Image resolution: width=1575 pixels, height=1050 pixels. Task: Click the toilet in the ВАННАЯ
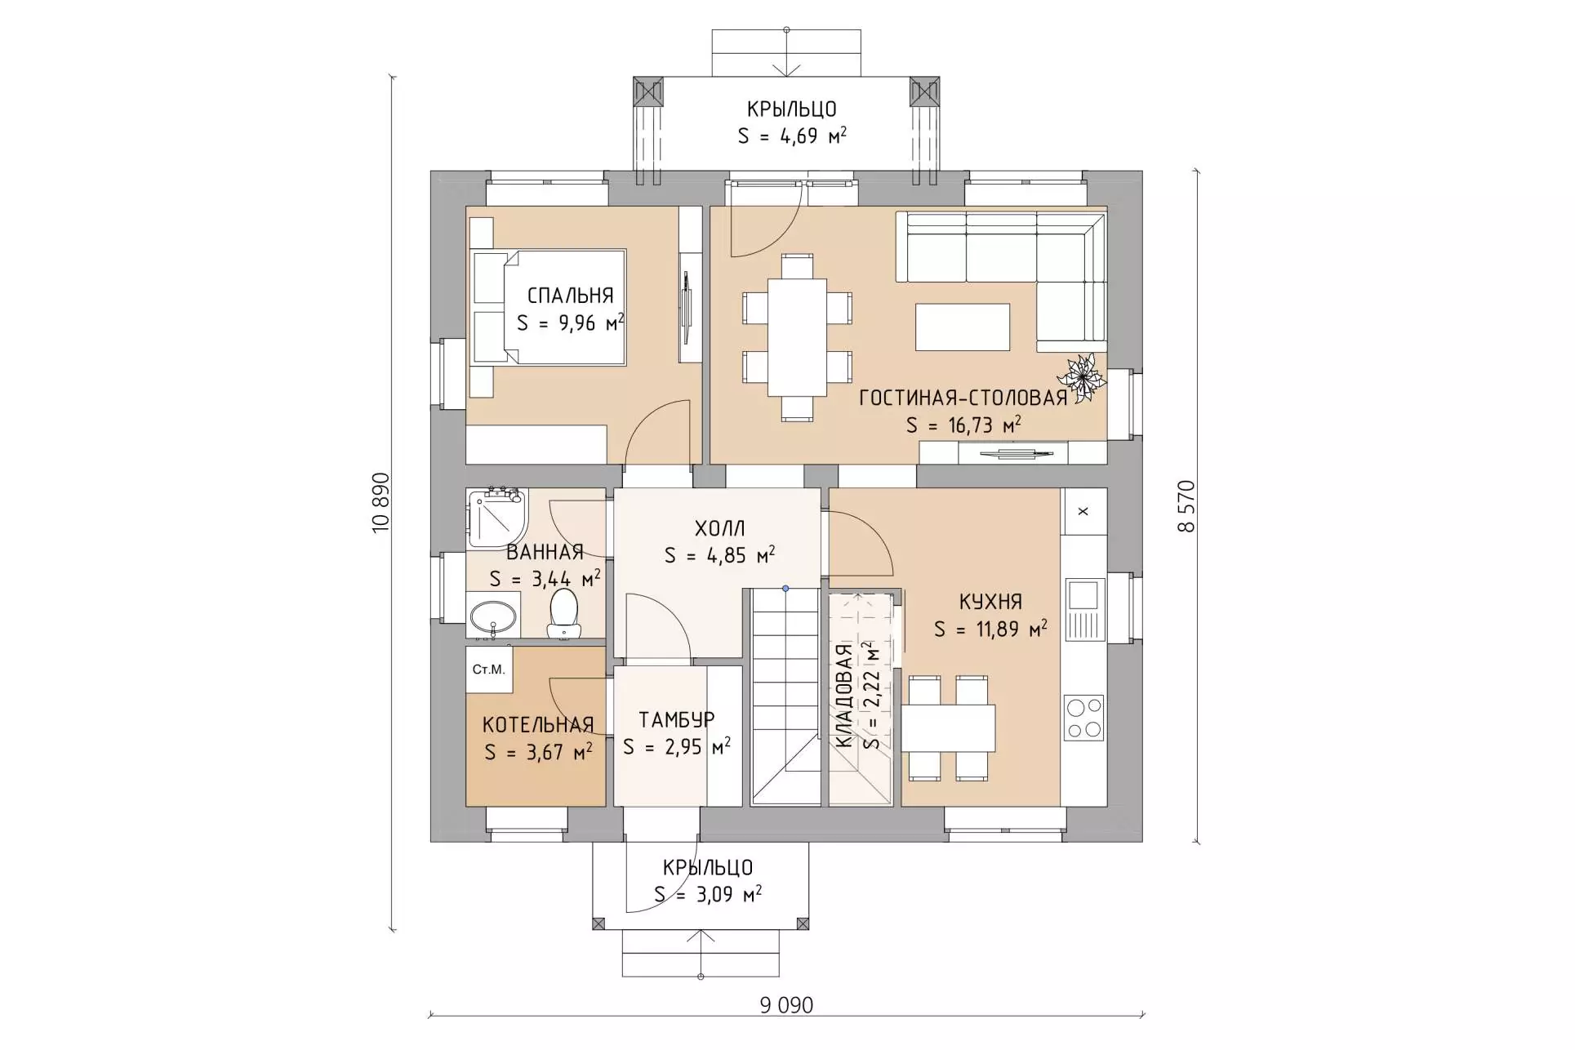pos(563,614)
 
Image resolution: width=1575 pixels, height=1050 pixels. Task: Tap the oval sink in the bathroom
pos(493,618)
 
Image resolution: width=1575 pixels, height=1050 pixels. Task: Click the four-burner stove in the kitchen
pos(1083,718)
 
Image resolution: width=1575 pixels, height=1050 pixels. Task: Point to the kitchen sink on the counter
pos(1083,609)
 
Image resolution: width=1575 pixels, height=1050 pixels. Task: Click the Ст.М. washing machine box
pos(489,670)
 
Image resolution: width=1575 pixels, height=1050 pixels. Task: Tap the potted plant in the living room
pos(1083,378)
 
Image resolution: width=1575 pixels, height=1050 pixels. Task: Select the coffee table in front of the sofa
pos(963,327)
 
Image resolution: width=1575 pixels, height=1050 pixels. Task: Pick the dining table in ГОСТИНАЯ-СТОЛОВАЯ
pos(797,337)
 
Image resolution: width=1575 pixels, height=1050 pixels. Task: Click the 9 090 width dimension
pos(786,1005)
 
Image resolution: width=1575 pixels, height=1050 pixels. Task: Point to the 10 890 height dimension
pos(381,503)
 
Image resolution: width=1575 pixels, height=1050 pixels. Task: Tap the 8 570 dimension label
pos(1186,506)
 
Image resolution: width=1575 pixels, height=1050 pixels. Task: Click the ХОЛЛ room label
pos(719,528)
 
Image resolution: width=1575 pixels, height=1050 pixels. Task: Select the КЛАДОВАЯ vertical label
pos(844,696)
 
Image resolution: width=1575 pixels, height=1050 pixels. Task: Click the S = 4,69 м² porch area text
pos(791,136)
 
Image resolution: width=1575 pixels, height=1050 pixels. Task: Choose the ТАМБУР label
pos(677,719)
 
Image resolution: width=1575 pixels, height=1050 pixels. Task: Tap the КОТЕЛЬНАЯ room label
pos(537,724)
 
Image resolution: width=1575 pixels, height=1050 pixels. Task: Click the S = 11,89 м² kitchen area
pos(990,630)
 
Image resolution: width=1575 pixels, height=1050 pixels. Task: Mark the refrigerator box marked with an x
pos(1083,511)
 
